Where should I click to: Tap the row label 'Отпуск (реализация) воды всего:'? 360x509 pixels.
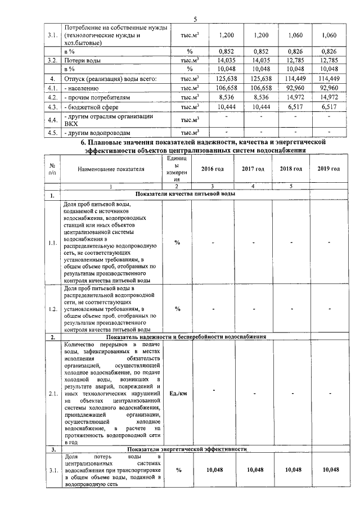(110, 78)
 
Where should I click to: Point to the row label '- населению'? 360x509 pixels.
(84, 88)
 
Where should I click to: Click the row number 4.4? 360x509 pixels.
(53, 120)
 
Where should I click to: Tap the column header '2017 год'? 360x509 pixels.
(253, 169)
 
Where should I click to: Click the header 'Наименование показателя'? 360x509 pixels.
(111, 169)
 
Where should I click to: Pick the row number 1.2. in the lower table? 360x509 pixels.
(53, 309)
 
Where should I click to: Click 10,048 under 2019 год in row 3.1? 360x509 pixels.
(328, 470)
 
